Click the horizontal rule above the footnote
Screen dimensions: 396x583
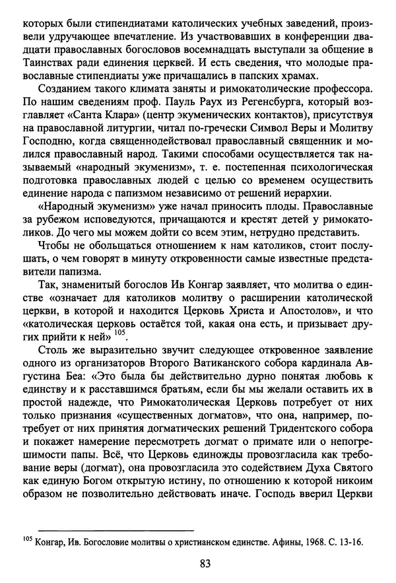tap(115, 530)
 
